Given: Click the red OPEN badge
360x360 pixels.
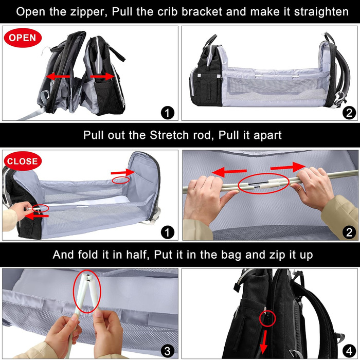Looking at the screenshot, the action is pyautogui.click(x=23, y=38).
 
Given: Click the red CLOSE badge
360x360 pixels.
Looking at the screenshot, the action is pyautogui.click(x=23, y=161).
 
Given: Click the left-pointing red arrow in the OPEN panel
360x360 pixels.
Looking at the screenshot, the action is pyautogui.click(x=58, y=76).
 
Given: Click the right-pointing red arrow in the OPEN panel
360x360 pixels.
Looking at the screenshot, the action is pyautogui.click(x=102, y=76).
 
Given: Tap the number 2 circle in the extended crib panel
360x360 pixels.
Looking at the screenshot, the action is pyautogui.click(x=349, y=113).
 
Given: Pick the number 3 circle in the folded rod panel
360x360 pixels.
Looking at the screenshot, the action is pyautogui.click(x=167, y=351).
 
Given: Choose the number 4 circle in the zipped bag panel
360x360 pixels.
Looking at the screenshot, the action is pyautogui.click(x=349, y=351).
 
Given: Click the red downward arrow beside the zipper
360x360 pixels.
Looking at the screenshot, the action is pyautogui.click(x=264, y=342).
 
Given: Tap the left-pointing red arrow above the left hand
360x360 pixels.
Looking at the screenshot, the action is pyautogui.click(x=229, y=172).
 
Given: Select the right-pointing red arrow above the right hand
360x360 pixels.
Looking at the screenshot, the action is pyautogui.click(x=288, y=167).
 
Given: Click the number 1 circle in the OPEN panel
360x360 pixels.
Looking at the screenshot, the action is pyautogui.click(x=167, y=113).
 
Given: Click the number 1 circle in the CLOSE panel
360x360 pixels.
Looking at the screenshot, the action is pyautogui.click(x=167, y=232).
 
